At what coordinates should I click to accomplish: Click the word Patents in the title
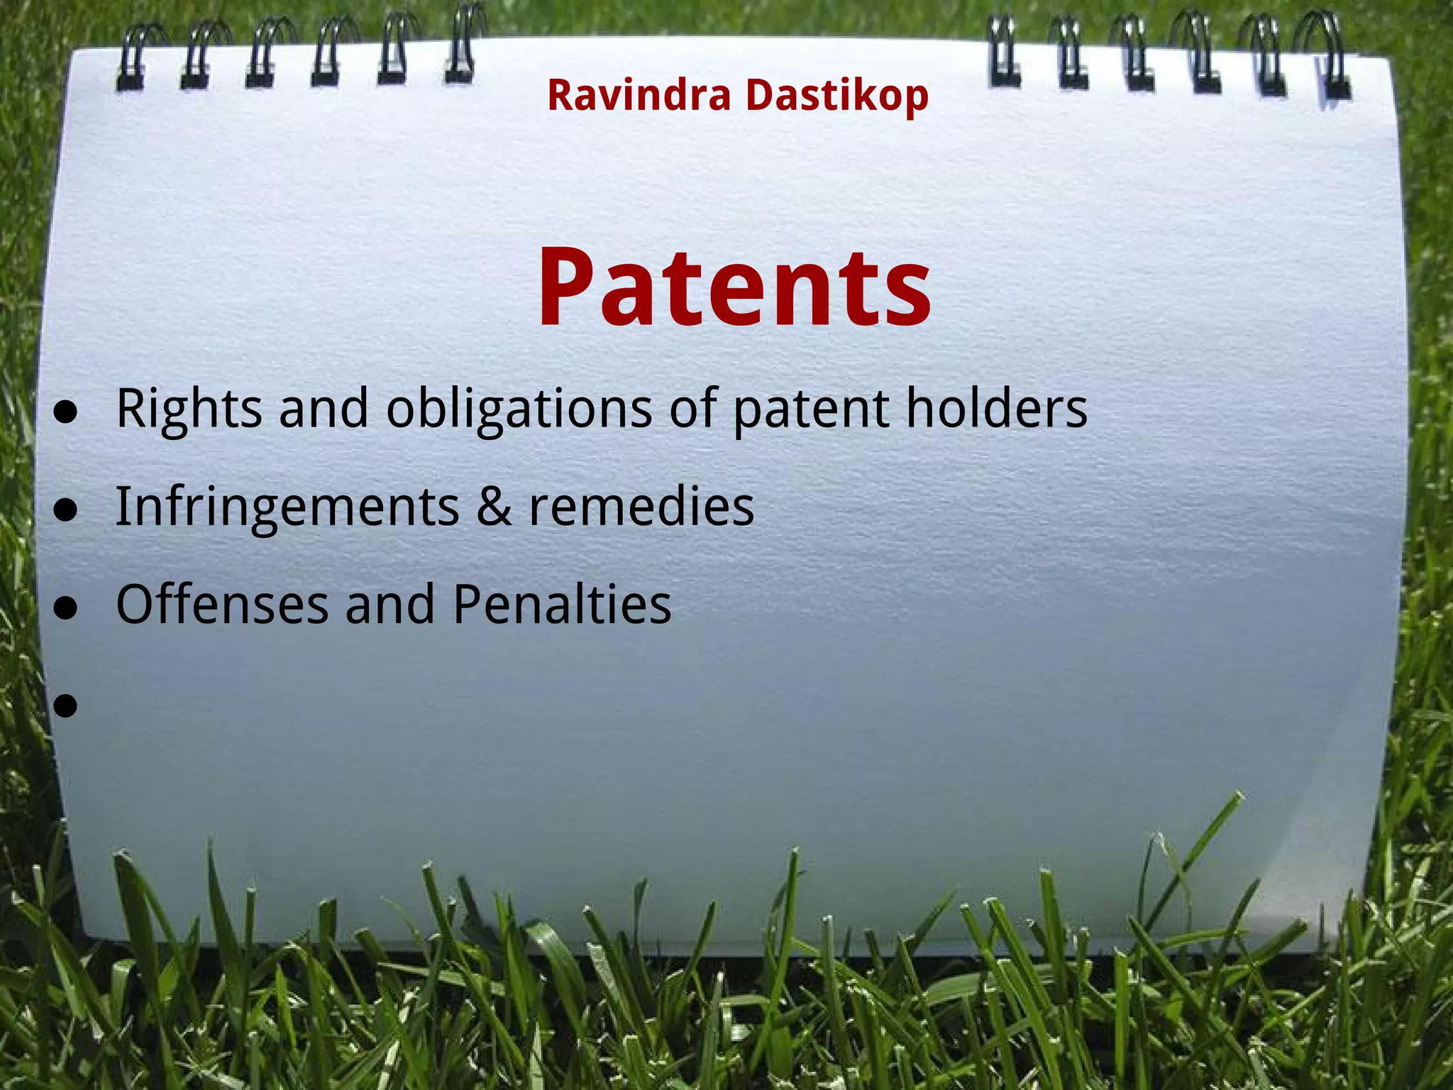(734, 287)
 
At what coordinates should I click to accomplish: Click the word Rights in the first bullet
(189, 409)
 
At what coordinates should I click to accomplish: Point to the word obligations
(519, 409)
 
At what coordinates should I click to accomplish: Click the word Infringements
(287, 507)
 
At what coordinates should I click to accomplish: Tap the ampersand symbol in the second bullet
(494, 507)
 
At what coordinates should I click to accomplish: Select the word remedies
(641, 507)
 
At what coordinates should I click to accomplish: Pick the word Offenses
(222, 605)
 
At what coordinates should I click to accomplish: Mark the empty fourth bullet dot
(65, 705)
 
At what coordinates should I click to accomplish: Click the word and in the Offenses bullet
(390, 605)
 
